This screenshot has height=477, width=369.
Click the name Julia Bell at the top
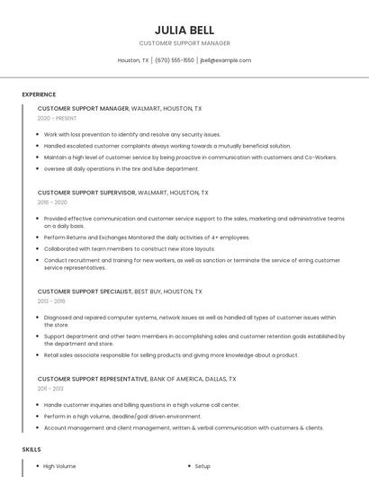coord(184,30)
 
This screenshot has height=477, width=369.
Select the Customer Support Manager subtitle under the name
coord(184,43)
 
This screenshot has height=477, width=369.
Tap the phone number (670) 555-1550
coord(175,60)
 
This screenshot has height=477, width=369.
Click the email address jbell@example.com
coord(226,60)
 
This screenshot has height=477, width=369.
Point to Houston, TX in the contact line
coord(133,60)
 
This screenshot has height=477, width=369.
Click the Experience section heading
coord(39,94)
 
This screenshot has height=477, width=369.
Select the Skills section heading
coord(31,448)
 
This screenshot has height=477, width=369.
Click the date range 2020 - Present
coord(57,118)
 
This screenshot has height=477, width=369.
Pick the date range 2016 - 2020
coord(53,202)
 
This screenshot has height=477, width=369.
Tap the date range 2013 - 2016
coord(53,302)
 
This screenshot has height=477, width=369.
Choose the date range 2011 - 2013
coord(52,389)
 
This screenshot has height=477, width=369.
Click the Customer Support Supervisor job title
coord(86,193)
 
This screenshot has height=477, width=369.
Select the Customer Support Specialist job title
coord(85,292)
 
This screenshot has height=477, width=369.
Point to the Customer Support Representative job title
coord(92,379)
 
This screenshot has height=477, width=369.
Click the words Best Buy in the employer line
coord(148,292)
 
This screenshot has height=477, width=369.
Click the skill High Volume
coord(59,466)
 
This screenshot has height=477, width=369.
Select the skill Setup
coord(202,466)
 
